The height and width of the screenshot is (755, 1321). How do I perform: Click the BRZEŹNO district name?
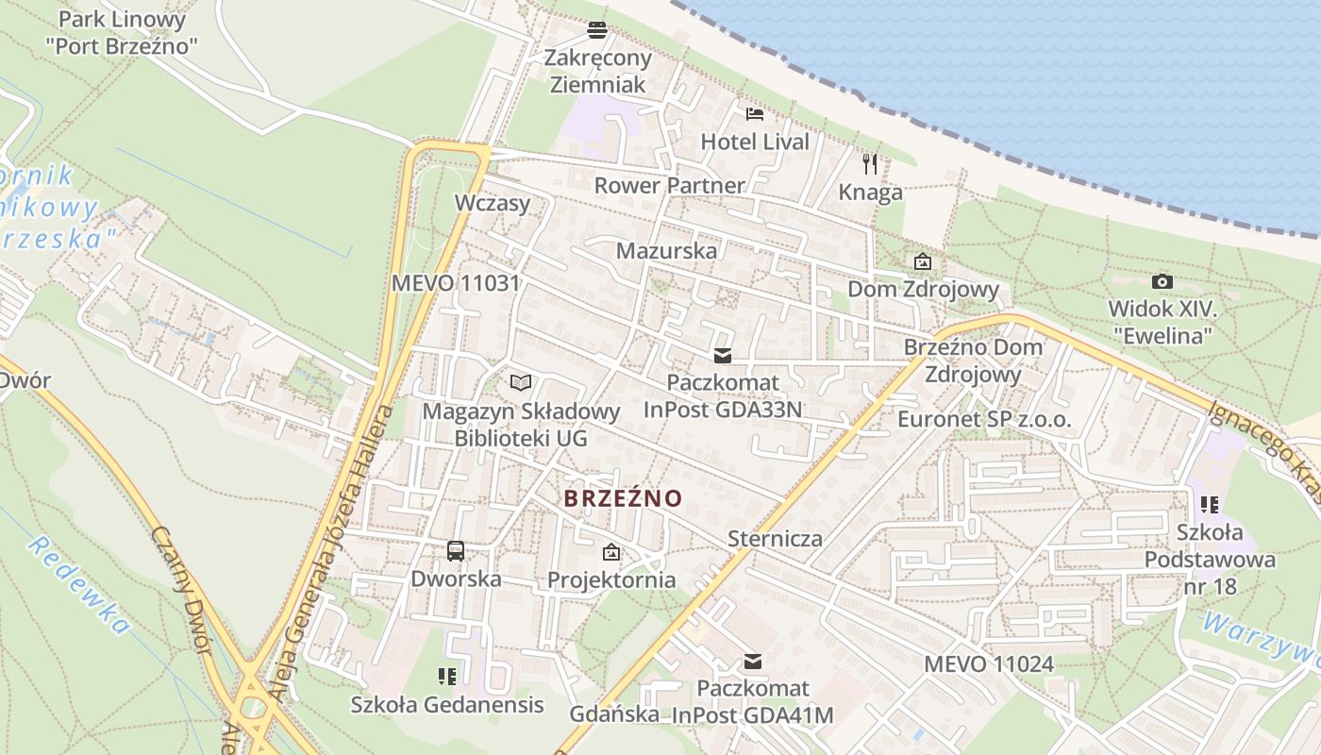623,497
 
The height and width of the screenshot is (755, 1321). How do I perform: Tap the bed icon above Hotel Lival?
755,114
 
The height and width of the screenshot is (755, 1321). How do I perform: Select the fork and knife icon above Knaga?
870,164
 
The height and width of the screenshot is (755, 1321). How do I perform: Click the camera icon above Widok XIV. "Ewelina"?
1162,281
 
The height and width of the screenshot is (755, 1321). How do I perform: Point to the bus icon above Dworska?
456,550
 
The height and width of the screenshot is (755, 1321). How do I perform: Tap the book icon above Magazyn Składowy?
521,382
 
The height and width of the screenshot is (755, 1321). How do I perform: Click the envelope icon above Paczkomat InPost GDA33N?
723,355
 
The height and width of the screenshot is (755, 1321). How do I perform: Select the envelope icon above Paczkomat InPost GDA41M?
753,661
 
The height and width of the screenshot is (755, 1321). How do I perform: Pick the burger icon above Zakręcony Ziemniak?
596,30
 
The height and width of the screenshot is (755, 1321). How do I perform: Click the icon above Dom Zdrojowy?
922,261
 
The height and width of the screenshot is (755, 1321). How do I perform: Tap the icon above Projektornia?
611,551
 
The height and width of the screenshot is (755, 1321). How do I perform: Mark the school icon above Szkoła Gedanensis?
447,676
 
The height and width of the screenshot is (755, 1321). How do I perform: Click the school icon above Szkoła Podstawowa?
1210,505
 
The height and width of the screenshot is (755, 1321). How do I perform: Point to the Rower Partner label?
669,185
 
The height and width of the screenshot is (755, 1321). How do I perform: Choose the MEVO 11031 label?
456,282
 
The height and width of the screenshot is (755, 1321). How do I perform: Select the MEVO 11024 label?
988,663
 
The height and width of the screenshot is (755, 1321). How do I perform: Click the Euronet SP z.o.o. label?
984,419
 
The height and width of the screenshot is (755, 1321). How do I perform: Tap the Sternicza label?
776,539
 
